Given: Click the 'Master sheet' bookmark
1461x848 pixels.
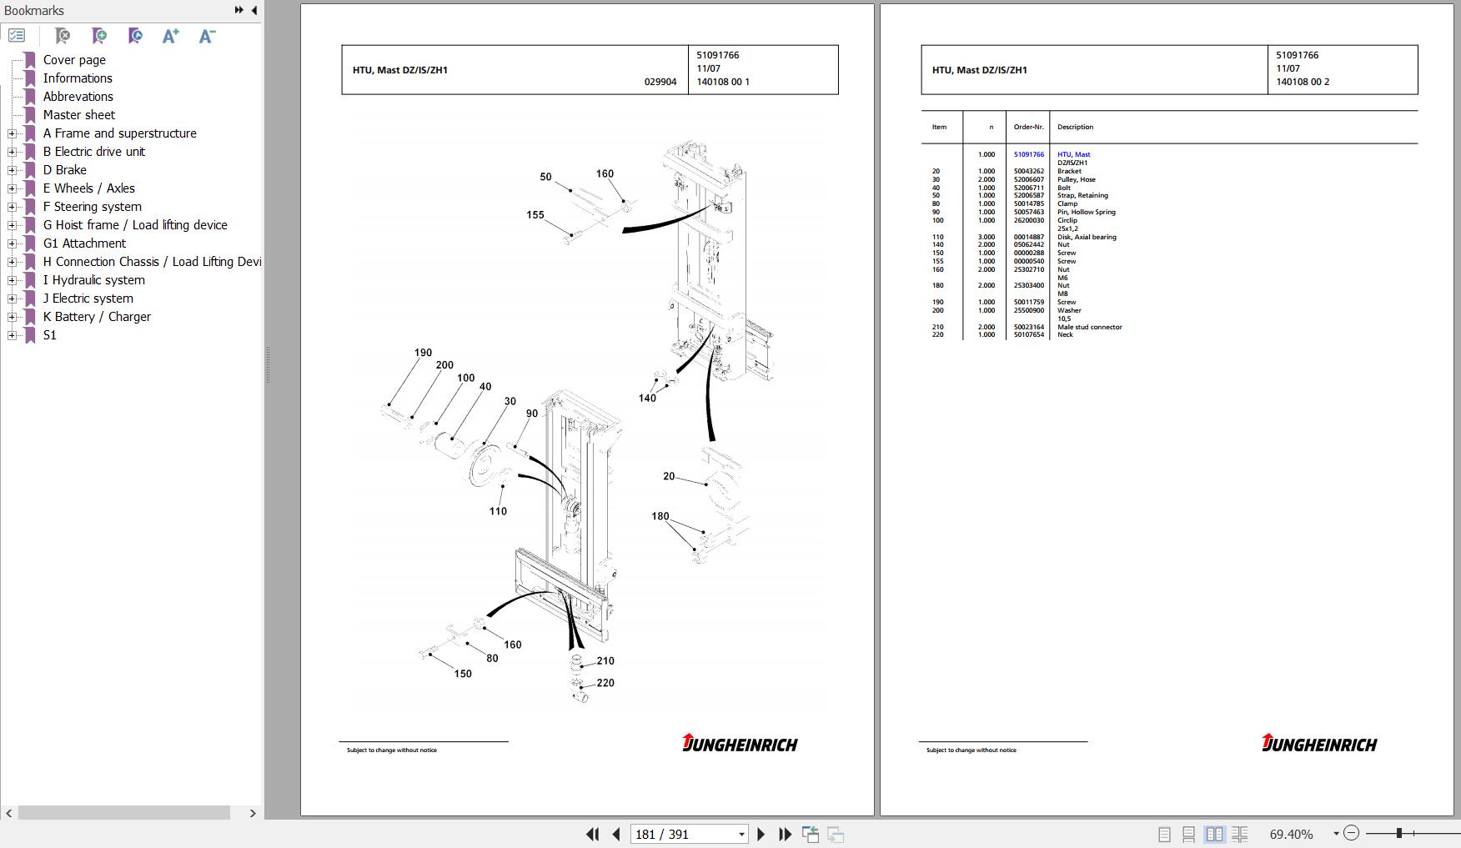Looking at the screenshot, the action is pyautogui.click(x=79, y=115).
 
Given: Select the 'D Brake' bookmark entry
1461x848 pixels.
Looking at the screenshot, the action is pyautogui.click(x=65, y=170).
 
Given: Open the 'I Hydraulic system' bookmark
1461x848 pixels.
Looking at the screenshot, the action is pyautogui.click(x=94, y=280).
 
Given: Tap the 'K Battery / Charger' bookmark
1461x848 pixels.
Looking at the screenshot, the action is pyautogui.click(x=97, y=317).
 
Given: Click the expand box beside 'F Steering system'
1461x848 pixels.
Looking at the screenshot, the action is pyautogui.click(x=12, y=207).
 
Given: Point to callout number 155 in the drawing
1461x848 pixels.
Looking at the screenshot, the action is pyautogui.click(x=535, y=215).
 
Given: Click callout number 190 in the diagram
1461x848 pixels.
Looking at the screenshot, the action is pyautogui.click(x=423, y=353).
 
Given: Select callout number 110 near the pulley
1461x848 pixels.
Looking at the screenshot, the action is pyautogui.click(x=498, y=511).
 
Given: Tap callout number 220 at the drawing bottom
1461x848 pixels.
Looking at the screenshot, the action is pyautogui.click(x=605, y=683).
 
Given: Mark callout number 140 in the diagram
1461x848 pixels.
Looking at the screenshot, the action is pyautogui.click(x=647, y=398).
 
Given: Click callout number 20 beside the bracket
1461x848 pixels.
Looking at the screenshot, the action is pyautogui.click(x=669, y=476).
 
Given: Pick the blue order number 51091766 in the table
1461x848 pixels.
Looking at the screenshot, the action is pyautogui.click(x=1028, y=154).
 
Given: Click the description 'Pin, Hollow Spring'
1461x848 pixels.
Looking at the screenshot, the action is pyautogui.click(x=1086, y=212).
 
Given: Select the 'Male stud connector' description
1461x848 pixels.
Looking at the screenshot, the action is pyautogui.click(x=1089, y=327).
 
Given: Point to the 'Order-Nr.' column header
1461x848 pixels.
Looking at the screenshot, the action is pyautogui.click(x=1028, y=127).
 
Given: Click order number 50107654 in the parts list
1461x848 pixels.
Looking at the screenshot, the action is pyautogui.click(x=1028, y=334).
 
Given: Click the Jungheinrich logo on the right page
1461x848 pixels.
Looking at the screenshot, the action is pyautogui.click(x=1319, y=743).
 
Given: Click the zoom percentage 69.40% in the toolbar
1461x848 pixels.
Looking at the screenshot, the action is pyautogui.click(x=1291, y=834).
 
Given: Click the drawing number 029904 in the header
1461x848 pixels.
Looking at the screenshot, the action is pyautogui.click(x=660, y=82).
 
